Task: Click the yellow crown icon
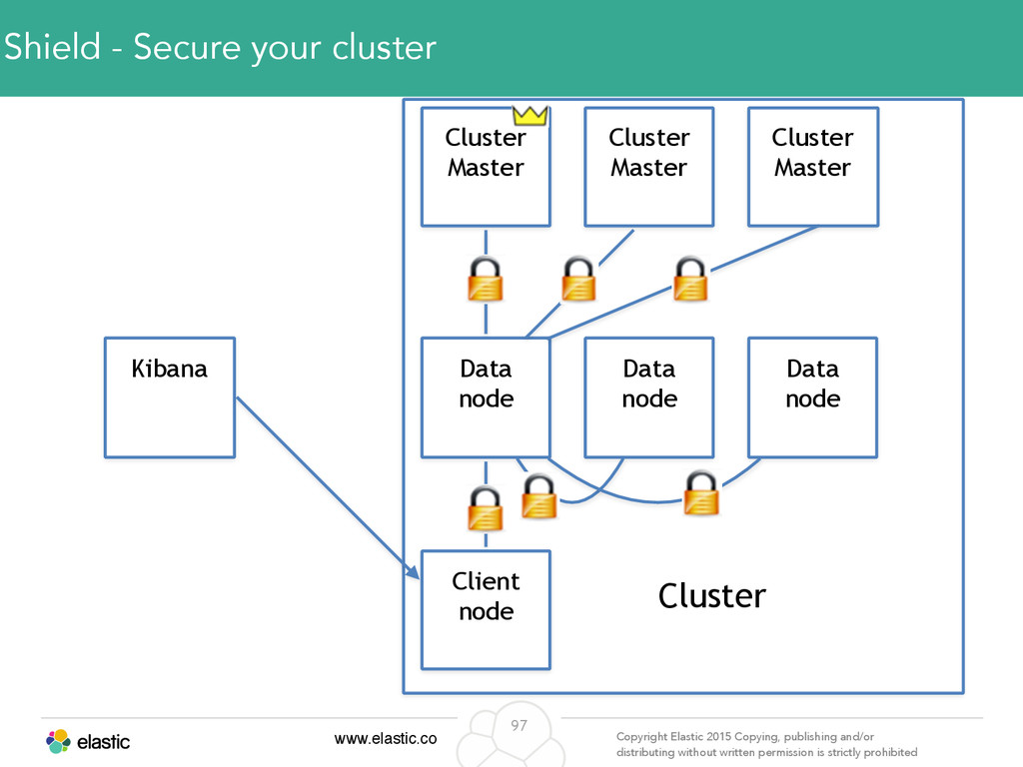[x=529, y=116]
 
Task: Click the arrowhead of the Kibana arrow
[x=414, y=572]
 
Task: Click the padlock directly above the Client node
[x=486, y=508]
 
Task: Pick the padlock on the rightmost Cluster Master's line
[x=690, y=279]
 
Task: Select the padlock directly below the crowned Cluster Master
[x=486, y=280]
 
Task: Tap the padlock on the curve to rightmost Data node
[x=701, y=493]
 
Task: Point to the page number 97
[x=518, y=725]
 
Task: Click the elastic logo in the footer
[x=88, y=742]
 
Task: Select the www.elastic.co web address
[x=386, y=738]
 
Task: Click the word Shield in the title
[x=52, y=47]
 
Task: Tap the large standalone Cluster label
[x=711, y=595]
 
